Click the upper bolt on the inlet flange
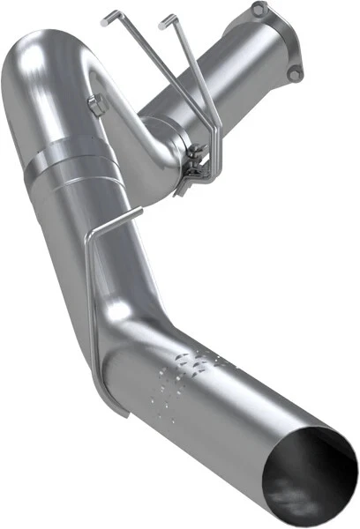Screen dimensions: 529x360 coord(257,10)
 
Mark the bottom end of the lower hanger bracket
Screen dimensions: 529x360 coord(109,411)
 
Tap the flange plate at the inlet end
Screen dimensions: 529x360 coord(277,40)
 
